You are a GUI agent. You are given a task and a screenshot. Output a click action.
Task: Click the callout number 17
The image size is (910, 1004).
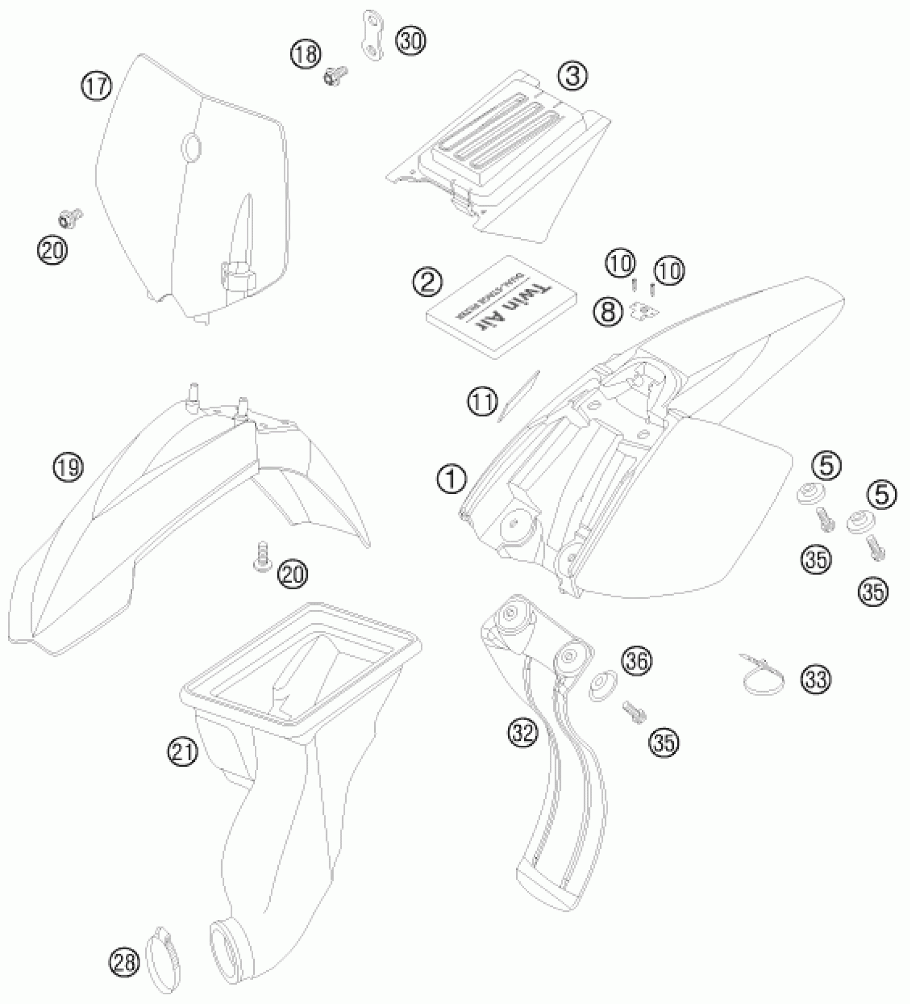(x=97, y=86)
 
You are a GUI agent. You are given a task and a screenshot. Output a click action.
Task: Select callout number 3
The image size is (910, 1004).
(x=572, y=77)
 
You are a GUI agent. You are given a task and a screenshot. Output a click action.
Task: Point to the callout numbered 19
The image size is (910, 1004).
(x=68, y=467)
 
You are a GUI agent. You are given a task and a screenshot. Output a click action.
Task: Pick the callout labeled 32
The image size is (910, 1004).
(x=522, y=733)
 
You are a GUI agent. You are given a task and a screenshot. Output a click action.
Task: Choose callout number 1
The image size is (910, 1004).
(x=452, y=479)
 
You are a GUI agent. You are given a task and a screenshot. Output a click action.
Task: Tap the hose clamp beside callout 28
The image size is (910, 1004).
(x=163, y=966)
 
